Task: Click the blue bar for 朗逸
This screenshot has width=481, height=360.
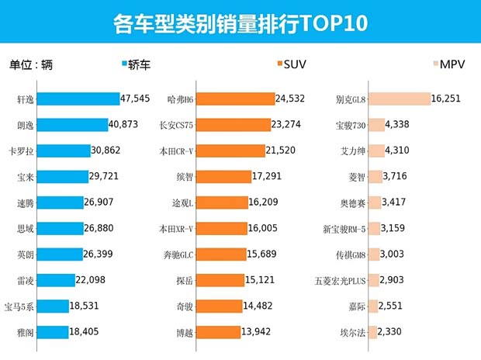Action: click(x=72, y=125)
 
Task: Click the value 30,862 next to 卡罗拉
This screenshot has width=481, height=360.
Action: click(x=112, y=151)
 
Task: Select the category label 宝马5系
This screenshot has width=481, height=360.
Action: click(x=19, y=306)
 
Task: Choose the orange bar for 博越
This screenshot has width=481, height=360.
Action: click(x=221, y=332)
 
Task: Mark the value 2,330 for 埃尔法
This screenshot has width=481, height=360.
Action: click(x=394, y=332)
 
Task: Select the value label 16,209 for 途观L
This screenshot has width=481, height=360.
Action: click(x=270, y=202)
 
